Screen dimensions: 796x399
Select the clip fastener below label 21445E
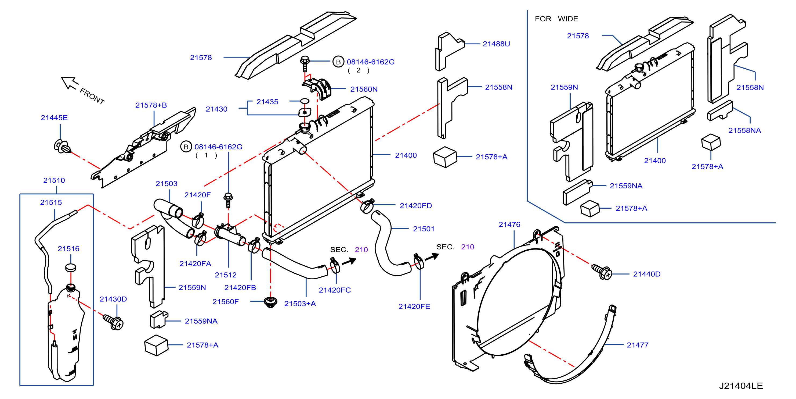(62, 146)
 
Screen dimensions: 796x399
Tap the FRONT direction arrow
(70, 83)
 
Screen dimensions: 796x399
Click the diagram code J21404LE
(741, 386)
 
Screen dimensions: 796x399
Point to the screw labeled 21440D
(601, 272)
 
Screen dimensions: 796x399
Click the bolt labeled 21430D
(113, 322)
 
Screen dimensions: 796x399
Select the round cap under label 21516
(71, 268)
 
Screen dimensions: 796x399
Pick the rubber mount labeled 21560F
(270, 302)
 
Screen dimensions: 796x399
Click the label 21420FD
(416, 206)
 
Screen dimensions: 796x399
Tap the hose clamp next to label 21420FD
(367, 206)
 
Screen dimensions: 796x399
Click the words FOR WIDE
(556, 19)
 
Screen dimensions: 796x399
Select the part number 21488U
(496, 44)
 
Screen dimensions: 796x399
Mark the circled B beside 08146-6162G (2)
(338, 62)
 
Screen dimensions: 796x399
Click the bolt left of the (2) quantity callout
(305, 63)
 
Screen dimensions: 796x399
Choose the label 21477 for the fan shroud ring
(638, 345)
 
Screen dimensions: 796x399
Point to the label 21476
(509, 225)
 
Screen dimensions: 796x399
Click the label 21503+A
(300, 304)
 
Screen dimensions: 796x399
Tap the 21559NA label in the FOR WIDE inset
(626, 186)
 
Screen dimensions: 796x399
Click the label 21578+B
(151, 105)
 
